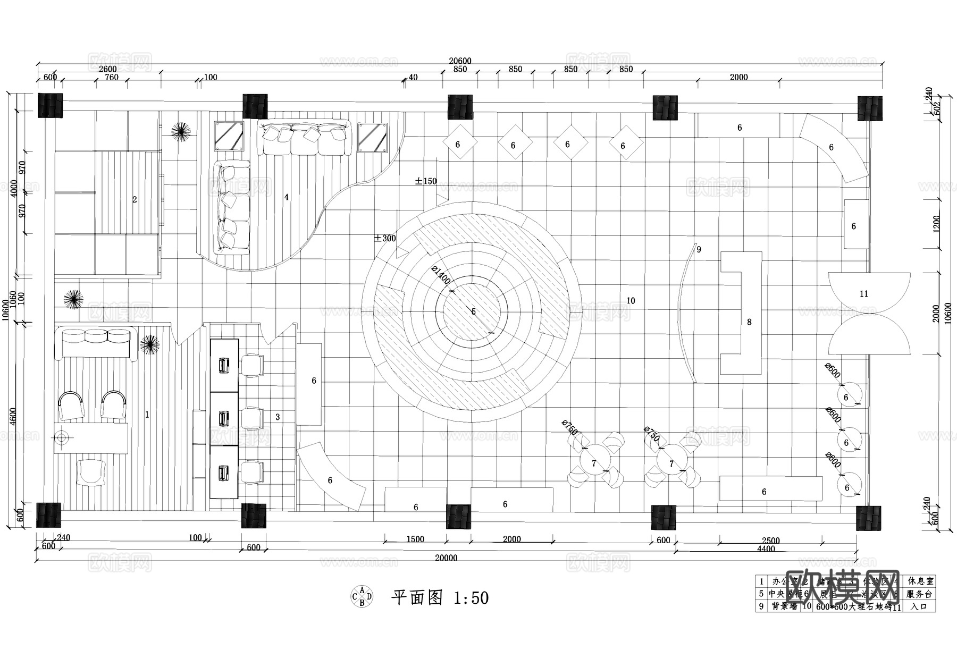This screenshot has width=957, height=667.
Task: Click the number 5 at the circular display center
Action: (x=474, y=312)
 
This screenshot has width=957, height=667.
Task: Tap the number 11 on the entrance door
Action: (x=864, y=294)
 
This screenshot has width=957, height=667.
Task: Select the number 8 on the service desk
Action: (x=749, y=322)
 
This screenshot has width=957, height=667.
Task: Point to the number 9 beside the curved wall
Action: (x=699, y=249)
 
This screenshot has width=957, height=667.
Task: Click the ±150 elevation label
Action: (x=426, y=181)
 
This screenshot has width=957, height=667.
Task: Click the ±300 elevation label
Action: (x=385, y=239)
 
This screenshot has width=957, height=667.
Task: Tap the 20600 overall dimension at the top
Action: (x=460, y=61)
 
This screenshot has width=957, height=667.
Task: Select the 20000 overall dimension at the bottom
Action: (x=446, y=558)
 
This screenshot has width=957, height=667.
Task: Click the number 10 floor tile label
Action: (x=631, y=301)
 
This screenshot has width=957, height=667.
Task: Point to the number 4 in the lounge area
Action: (x=287, y=197)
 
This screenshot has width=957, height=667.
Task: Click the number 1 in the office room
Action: (x=147, y=415)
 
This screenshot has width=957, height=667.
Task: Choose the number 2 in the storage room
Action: (x=135, y=200)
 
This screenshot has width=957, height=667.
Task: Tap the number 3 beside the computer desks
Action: (x=278, y=418)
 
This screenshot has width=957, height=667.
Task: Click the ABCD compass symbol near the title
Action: (x=362, y=596)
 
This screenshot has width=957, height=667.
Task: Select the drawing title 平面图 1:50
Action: (x=440, y=598)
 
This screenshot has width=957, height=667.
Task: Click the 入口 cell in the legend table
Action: (x=918, y=606)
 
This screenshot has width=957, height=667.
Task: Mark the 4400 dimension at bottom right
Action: (x=766, y=549)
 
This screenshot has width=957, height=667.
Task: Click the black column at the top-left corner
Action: (x=51, y=106)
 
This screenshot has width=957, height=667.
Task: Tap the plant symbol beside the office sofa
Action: (x=150, y=344)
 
